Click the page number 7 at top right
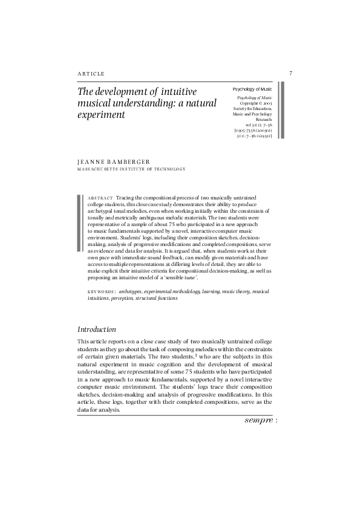(x=290, y=74)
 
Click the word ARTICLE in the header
(x=91, y=74)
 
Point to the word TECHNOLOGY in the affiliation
(x=168, y=169)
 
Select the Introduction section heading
(x=97, y=329)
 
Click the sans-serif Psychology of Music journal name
(x=252, y=89)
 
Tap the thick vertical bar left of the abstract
(x=79, y=222)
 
